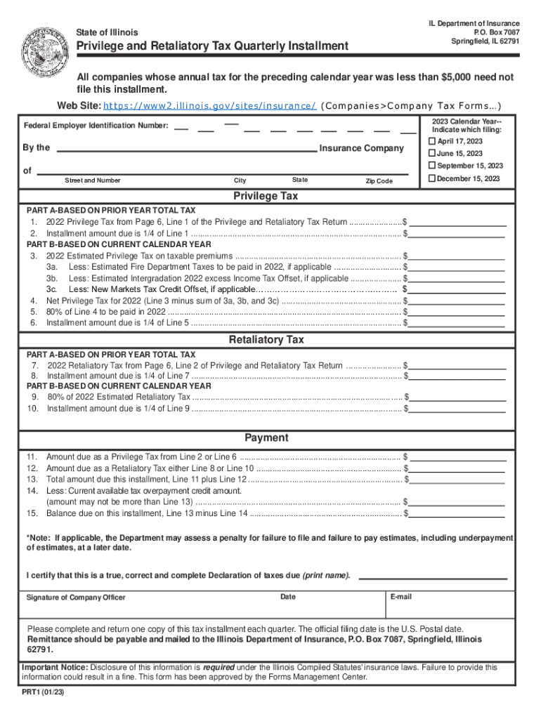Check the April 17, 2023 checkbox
tap(432, 141)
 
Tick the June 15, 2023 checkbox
tap(432, 153)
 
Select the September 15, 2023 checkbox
tap(432, 166)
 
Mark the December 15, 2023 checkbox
tap(432, 178)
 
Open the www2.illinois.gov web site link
tap(209, 106)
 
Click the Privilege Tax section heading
tap(266, 196)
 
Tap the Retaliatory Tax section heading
tap(266, 340)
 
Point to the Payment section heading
tap(266, 437)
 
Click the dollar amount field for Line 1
tap(458, 221)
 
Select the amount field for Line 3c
tap(458, 289)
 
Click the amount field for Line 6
tap(458, 323)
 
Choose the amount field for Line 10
tap(458, 408)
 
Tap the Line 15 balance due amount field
tap(458, 513)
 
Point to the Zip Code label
tap(379, 181)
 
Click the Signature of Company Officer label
tap(76, 598)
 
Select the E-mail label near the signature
tap(402, 597)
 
